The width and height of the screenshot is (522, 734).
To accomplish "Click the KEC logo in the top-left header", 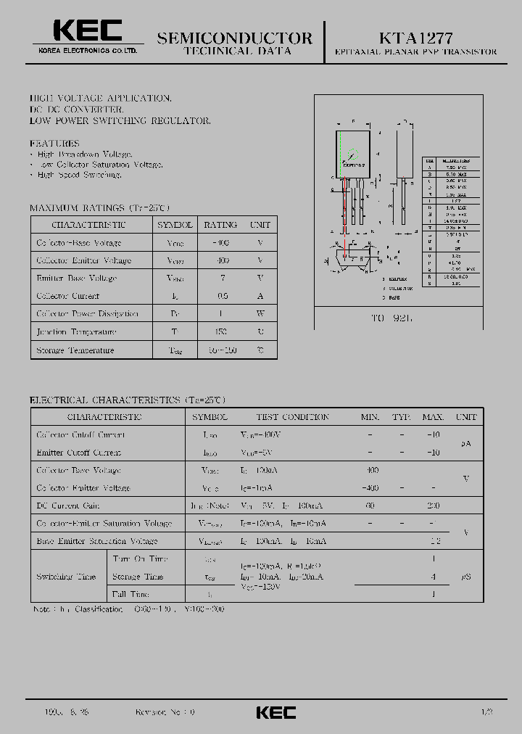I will [x=87, y=30].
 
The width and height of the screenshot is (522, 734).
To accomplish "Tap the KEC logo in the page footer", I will [x=275, y=712].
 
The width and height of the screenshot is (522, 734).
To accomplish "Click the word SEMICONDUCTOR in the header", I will [x=235, y=38].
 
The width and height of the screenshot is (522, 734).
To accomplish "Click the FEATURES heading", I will [x=54, y=144].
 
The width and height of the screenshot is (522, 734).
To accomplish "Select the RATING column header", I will [x=220, y=225].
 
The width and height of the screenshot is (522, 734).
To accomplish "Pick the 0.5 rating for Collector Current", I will [x=222, y=296].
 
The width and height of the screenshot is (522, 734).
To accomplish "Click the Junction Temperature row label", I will [x=76, y=331].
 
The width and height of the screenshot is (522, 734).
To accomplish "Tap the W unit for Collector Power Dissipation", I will [x=260, y=313].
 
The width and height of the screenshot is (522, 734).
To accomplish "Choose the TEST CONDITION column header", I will [x=292, y=417].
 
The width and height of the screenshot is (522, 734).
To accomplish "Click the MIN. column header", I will [x=370, y=417].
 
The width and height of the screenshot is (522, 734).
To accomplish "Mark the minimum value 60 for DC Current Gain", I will [x=370, y=506].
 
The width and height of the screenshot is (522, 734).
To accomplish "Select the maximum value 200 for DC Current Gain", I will [x=434, y=506].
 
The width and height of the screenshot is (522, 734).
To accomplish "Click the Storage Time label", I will [x=138, y=577].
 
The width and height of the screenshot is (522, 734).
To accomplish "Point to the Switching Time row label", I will [x=66, y=577].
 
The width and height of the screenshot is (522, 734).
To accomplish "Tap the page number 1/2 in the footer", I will [x=486, y=712].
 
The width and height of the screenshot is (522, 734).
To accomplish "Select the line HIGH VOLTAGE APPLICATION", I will [x=100, y=98].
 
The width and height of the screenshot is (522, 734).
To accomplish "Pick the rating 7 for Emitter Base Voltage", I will [x=222, y=278].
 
